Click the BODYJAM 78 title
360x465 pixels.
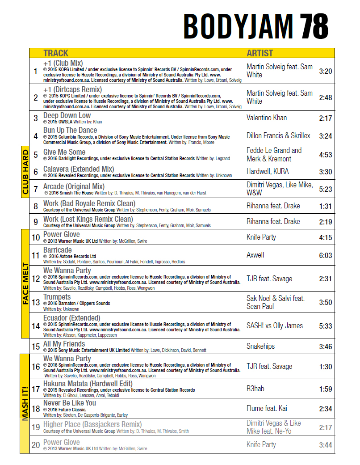(x=255, y=26)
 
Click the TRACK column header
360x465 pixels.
(x=56, y=53)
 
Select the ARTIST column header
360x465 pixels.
(x=260, y=53)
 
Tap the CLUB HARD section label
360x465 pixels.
(x=25, y=172)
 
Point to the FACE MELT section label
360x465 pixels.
(x=25, y=283)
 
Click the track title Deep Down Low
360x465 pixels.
(x=67, y=115)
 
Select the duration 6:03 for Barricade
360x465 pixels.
(x=325, y=255)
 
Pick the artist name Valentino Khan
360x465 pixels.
(x=267, y=118)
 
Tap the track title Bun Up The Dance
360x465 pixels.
(x=70, y=130)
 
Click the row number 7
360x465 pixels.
(x=36, y=189)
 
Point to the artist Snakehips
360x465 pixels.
(x=260, y=347)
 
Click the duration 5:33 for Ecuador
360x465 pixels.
(x=325, y=326)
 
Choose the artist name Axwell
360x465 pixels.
(x=255, y=255)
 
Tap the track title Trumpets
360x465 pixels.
(x=57, y=297)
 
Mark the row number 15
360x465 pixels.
(x=36, y=347)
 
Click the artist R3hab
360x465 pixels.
(x=255, y=389)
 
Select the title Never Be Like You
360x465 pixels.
(x=70, y=403)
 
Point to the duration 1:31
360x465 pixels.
(x=325, y=206)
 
